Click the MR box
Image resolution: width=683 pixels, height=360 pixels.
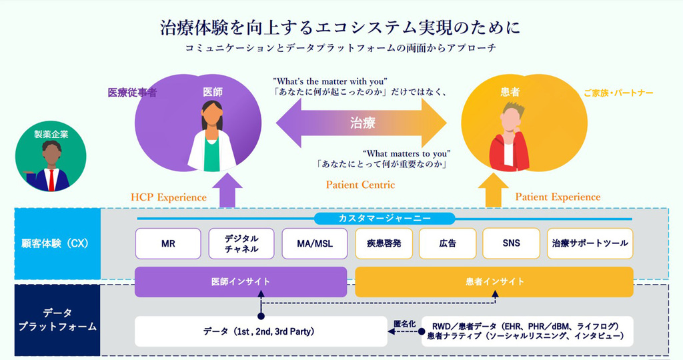coord(168,243)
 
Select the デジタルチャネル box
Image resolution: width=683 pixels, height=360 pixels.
coord(241,243)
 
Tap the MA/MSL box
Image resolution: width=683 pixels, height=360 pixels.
coord(314,243)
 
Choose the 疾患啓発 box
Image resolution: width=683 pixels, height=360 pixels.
coord(384,243)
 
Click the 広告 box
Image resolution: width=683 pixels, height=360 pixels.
coord(448,243)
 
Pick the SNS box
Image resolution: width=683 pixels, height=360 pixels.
coord(511,243)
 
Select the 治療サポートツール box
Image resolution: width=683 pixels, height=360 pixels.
coord(590,243)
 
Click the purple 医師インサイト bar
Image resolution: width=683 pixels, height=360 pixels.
coord(241,281)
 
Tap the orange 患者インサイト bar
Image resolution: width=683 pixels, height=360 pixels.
coord(494,281)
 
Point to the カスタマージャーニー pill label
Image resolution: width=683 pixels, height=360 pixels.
coord(384,218)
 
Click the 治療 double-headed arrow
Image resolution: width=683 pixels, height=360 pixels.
coord(362,123)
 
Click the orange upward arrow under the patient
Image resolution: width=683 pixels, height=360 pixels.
coord(494,192)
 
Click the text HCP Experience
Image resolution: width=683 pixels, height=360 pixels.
coord(169,197)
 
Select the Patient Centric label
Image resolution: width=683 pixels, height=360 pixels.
coord(360,185)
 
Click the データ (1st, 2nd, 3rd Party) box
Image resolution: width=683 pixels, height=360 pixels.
coord(261,331)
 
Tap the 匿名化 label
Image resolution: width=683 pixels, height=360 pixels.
coord(404,323)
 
